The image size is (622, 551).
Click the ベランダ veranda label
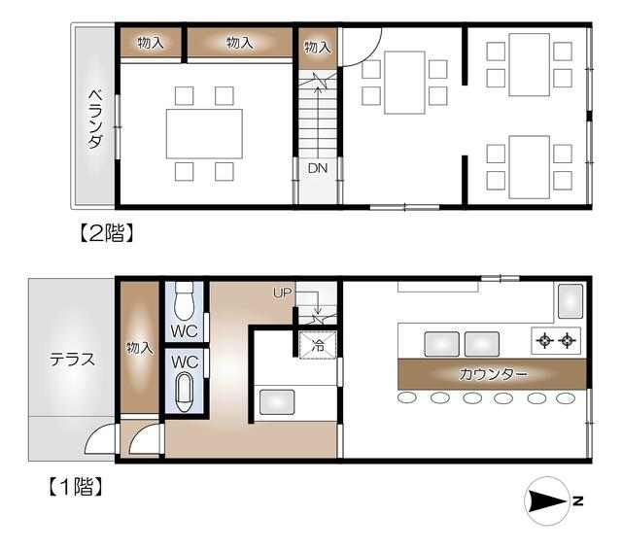click(x=95, y=119)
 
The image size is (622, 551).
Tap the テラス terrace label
click(x=72, y=360)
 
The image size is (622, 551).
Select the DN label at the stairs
click(x=318, y=168)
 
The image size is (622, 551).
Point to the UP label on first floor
click(x=282, y=293)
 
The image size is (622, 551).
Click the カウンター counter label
click(x=493, y=374)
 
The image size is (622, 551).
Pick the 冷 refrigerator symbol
click(x=318, y=346)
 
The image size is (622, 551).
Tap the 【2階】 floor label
click(x=105, y=233)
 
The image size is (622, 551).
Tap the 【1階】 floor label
click(x=75, y=487)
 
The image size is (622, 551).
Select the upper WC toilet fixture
click(x=185, y=300)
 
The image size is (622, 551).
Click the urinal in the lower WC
click(x=185, y=393)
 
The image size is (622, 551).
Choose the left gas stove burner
click(x=544, y=341)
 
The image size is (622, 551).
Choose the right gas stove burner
click(x=568, y=341)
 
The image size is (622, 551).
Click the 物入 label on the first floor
click(x=139, y=348)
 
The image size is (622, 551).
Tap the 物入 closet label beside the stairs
click(x=318, y=48)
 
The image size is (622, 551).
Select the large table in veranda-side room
click(x=204, y=134)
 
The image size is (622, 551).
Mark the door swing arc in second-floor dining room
click(x=371, y=54)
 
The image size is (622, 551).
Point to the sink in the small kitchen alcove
click(x=277, y=402)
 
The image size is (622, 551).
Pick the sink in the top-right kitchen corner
click(x=570, y=301)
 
